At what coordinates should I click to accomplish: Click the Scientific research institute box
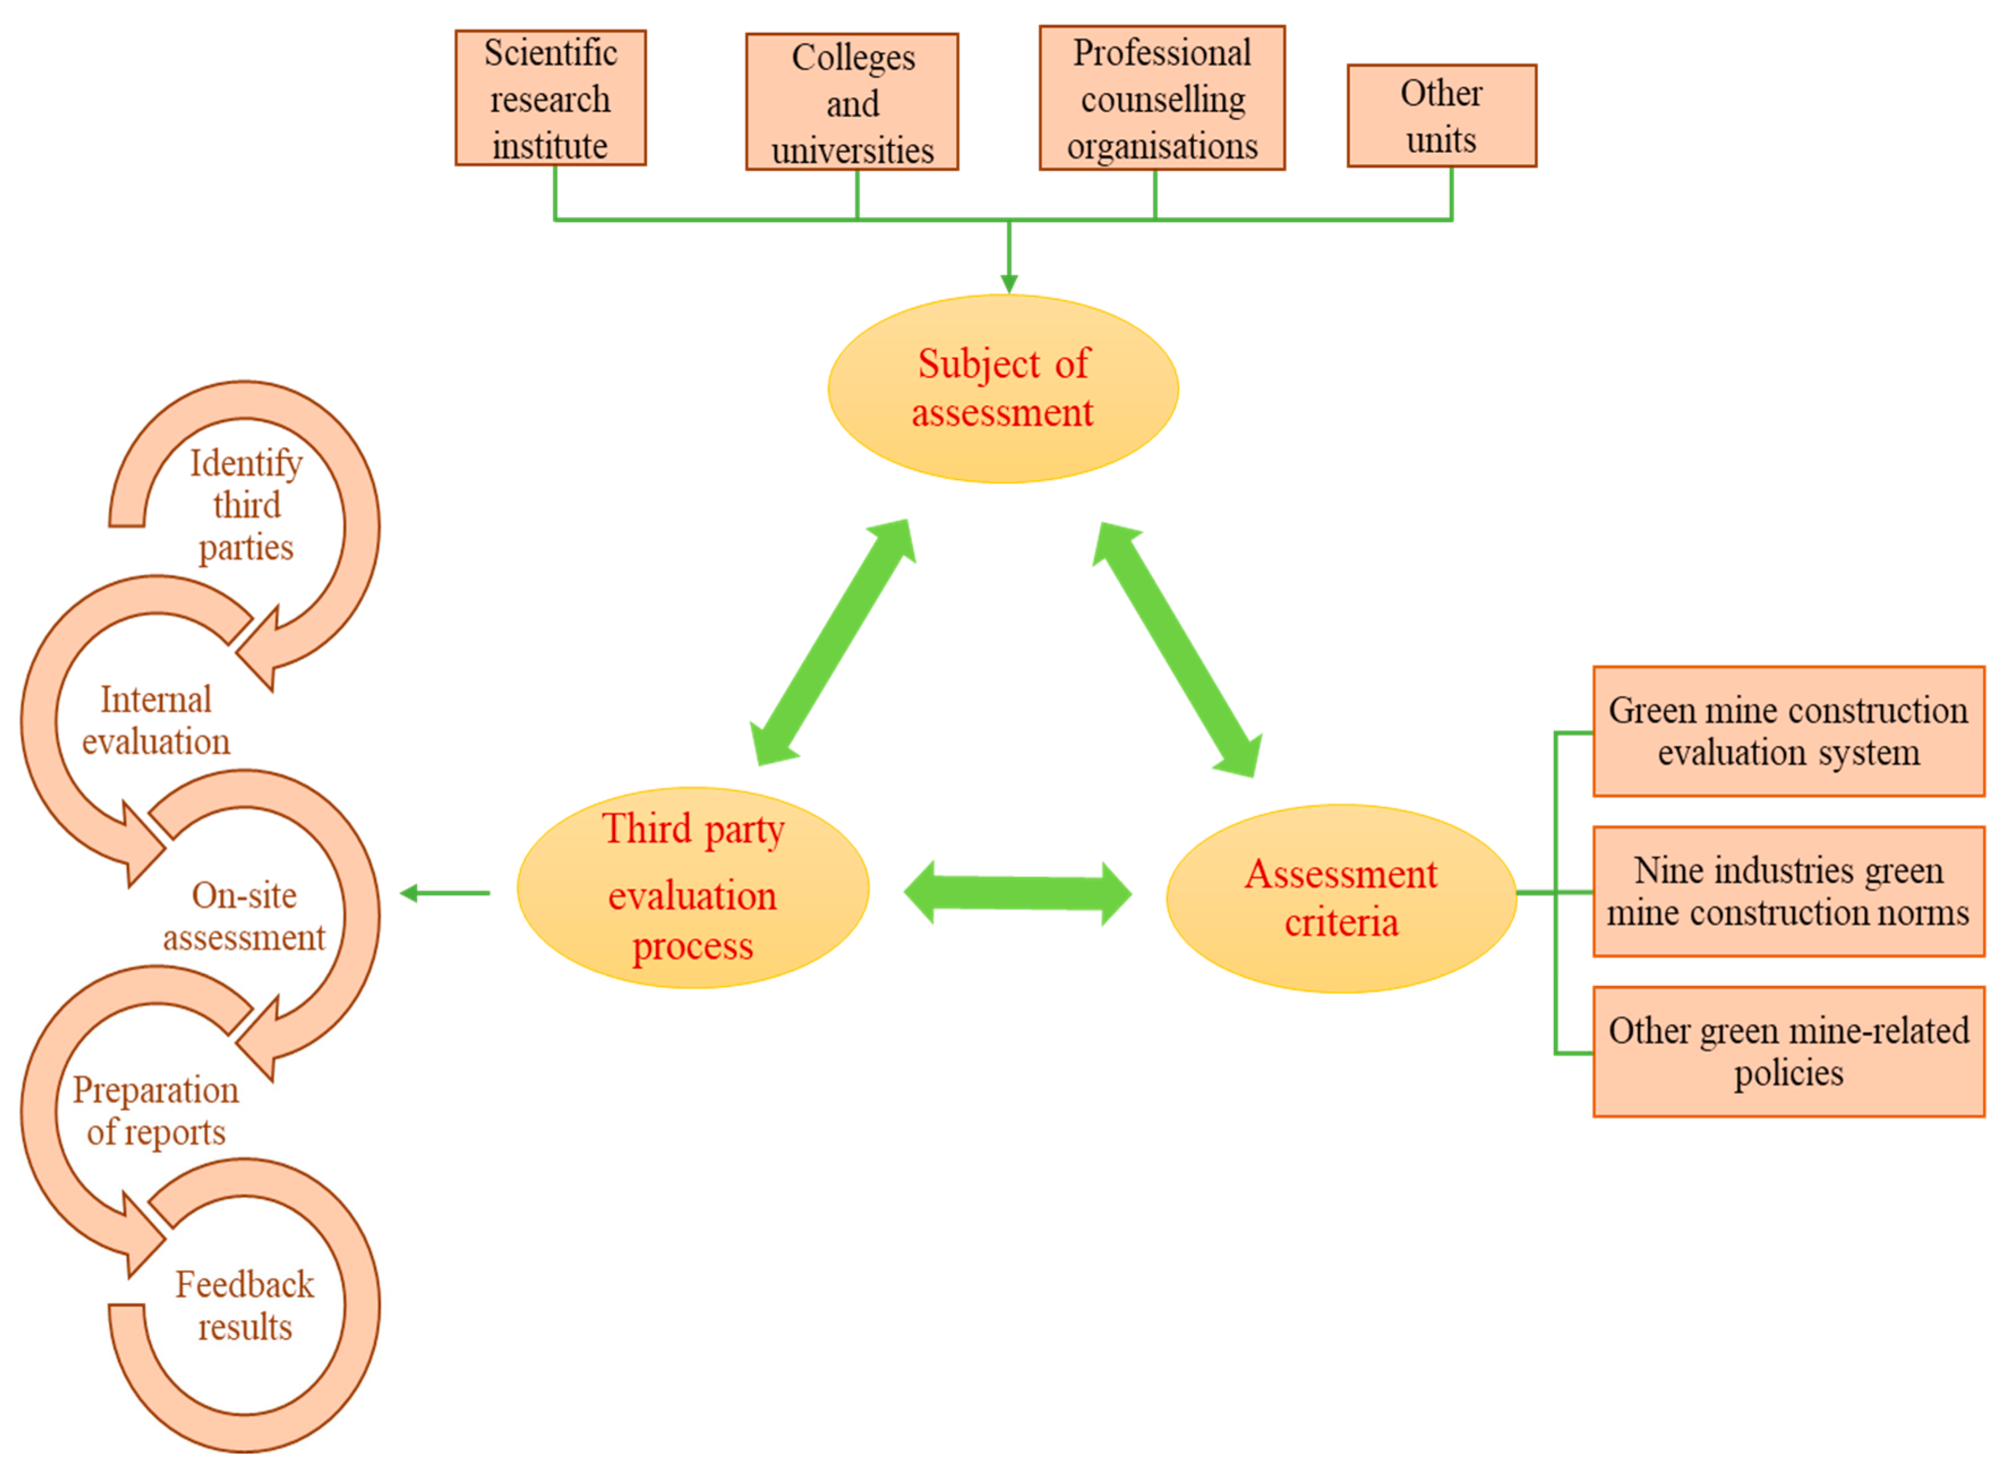(x=550, y=97)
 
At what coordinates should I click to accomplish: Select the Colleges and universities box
(x=851, y=102)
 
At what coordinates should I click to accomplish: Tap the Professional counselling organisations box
(x=1162, y=97)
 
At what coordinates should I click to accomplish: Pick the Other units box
(x=1441, y=116)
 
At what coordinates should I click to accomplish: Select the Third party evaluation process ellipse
(x=692, y=888)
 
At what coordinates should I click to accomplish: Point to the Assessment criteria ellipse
(x=1341, y=897)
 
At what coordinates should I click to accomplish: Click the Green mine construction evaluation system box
(x=1788, y=731)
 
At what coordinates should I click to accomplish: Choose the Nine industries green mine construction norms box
(x=1788, y=891)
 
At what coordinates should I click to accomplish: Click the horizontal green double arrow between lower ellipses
(x=1017, y=892)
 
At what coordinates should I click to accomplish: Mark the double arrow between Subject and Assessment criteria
(x=1177, y=649)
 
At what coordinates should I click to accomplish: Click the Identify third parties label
(x=245, y=504)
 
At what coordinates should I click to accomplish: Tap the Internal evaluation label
(x=156, y=720)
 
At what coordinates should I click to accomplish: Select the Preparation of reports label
(x=156, y=1110)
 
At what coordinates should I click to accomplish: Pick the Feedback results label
(x=245, y=1304)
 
